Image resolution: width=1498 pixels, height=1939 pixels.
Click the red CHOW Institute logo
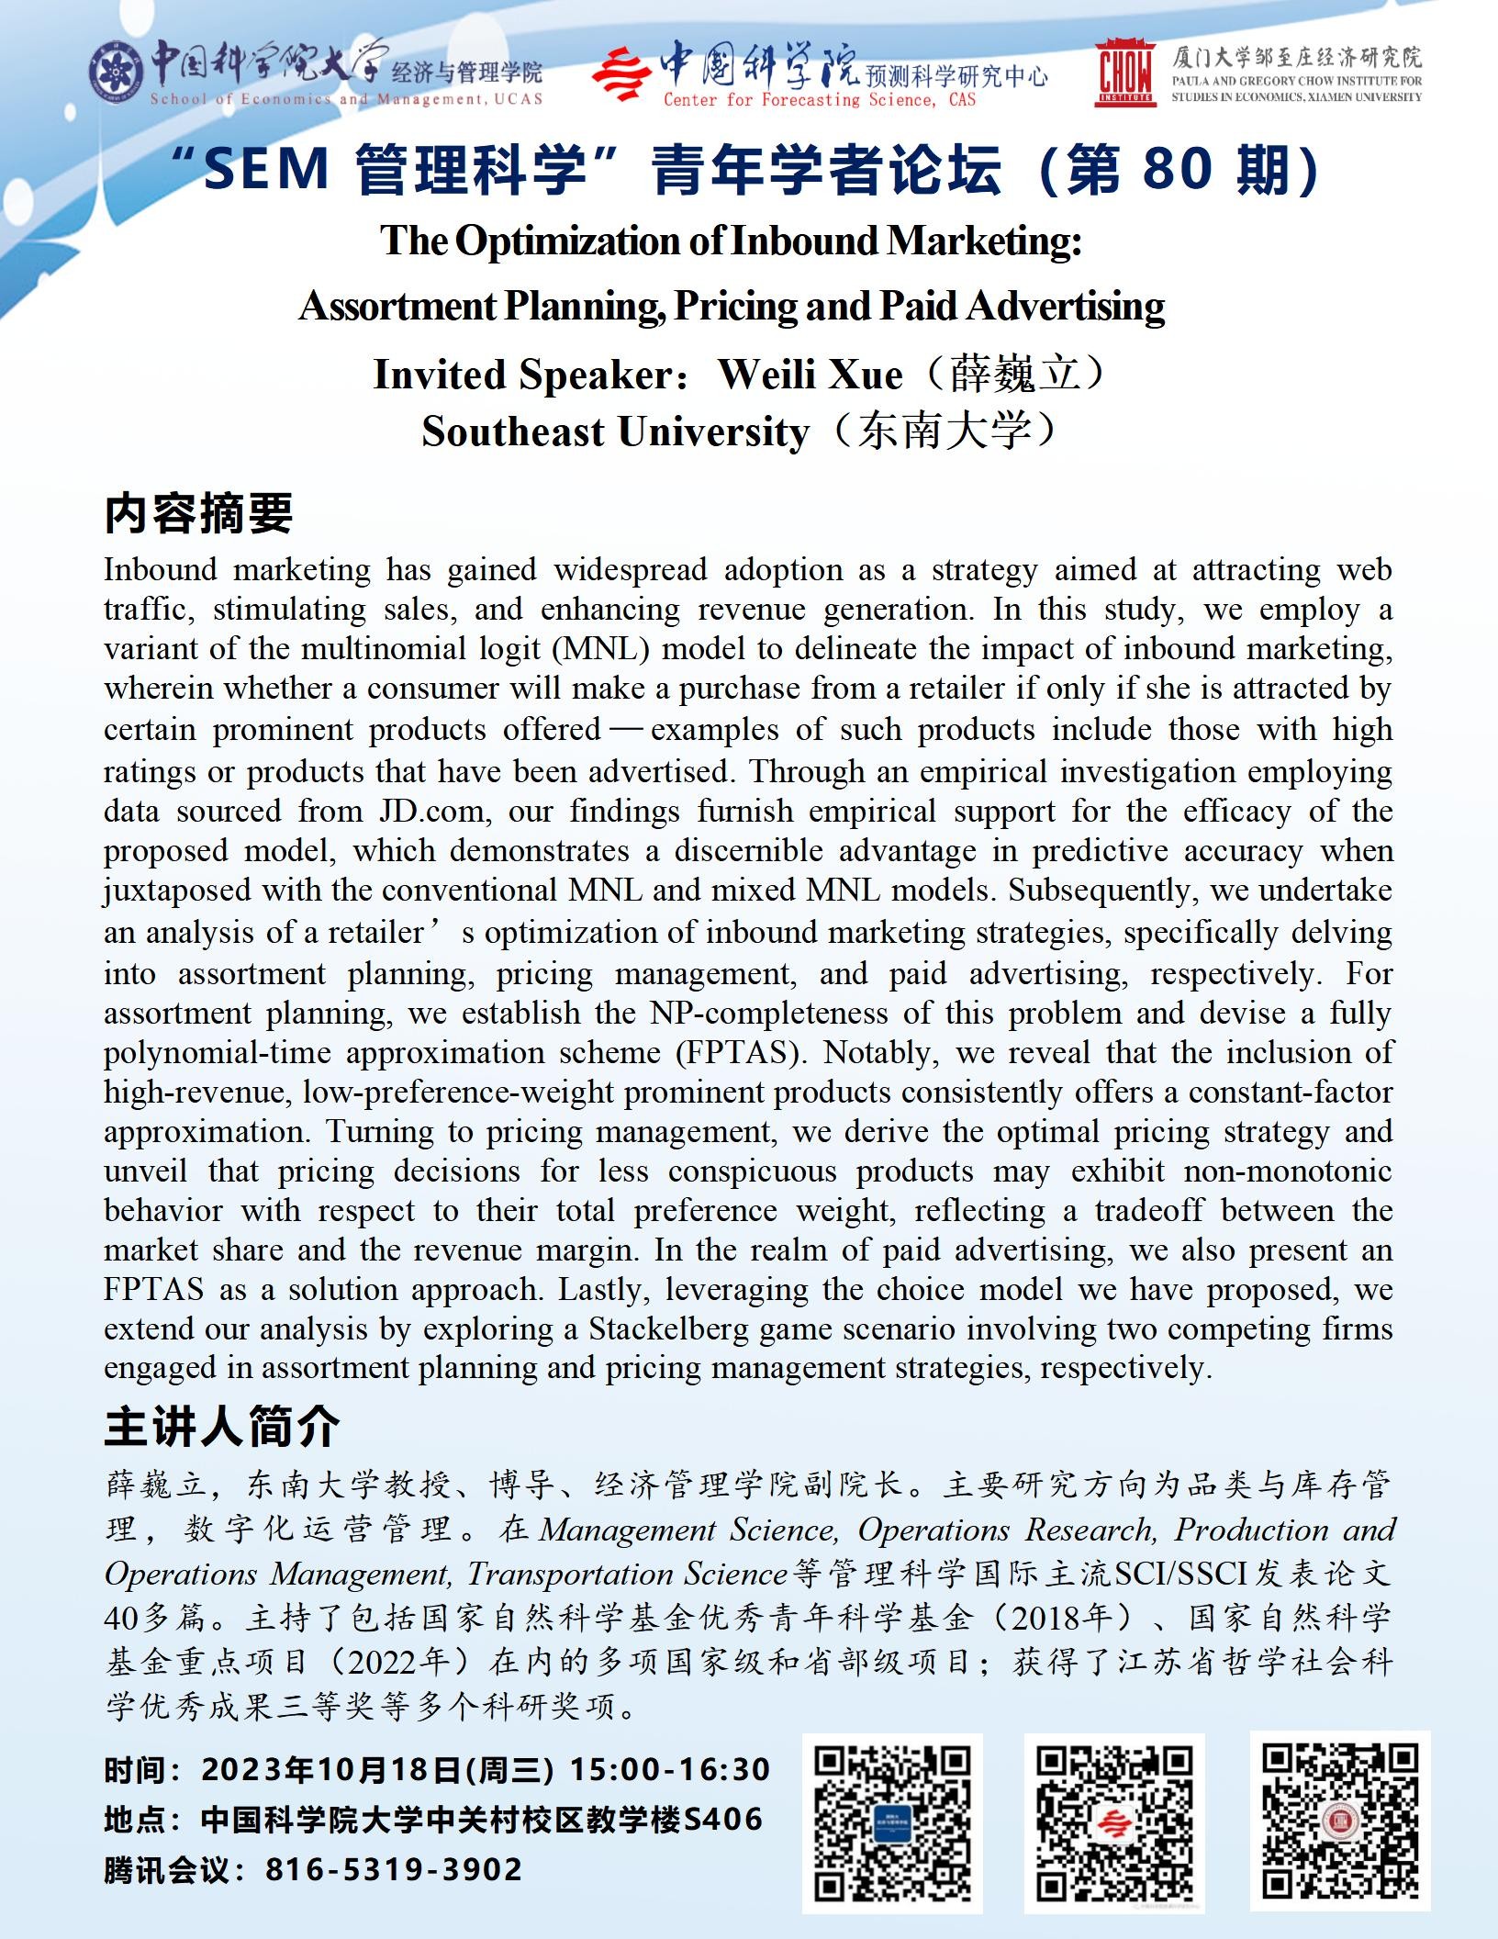point(1125,73)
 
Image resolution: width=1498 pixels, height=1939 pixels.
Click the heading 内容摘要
point(198,512)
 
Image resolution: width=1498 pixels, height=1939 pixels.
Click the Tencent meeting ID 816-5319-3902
point(394,1869)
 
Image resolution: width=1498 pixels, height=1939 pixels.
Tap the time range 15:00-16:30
point(670,1768)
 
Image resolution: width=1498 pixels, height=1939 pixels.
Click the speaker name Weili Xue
point(810,375)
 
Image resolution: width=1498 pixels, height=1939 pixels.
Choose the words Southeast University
point(616,432)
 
